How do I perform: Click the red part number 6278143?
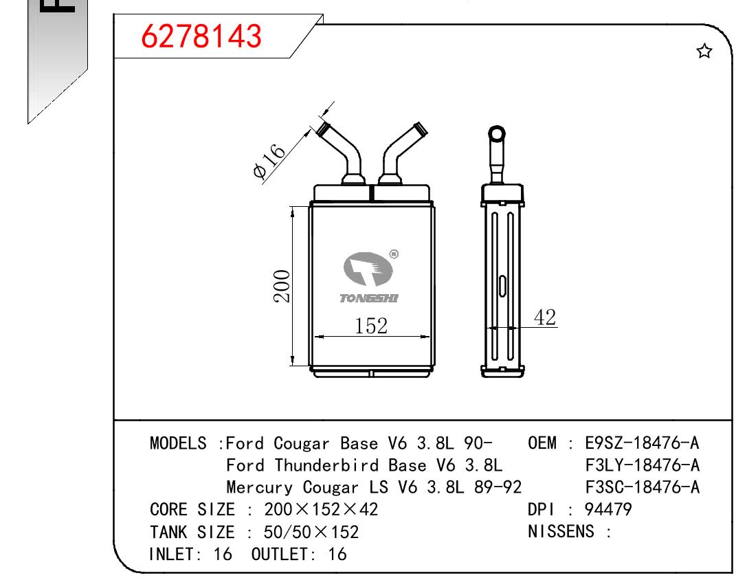201,36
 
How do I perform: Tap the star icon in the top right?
704,51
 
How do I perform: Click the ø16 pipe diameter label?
269,160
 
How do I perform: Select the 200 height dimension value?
282,286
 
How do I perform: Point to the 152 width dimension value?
371,326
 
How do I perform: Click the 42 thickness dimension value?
545,317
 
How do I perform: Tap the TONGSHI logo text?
369,298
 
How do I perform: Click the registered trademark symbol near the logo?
394,254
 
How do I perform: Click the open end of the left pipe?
323,129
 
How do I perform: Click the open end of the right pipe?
420,129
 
